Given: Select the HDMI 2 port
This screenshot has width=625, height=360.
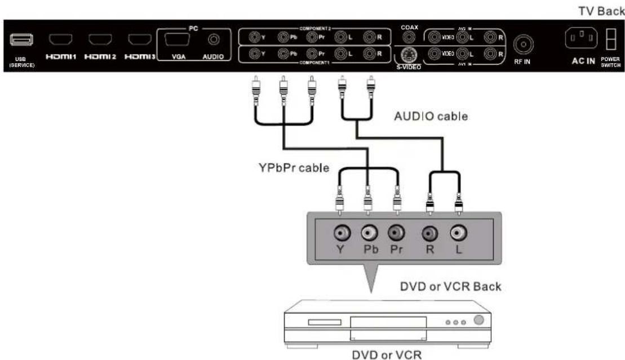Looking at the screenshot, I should [98, 40].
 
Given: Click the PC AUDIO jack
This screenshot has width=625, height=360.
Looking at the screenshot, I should [214, 40].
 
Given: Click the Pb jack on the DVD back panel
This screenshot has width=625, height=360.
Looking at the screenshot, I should [369, 232].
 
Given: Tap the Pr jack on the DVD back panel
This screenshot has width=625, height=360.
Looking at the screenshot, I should [396, 232].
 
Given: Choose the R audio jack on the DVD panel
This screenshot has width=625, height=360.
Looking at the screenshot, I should [429, 232].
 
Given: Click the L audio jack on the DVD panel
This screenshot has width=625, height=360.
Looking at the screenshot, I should [458, 232].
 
